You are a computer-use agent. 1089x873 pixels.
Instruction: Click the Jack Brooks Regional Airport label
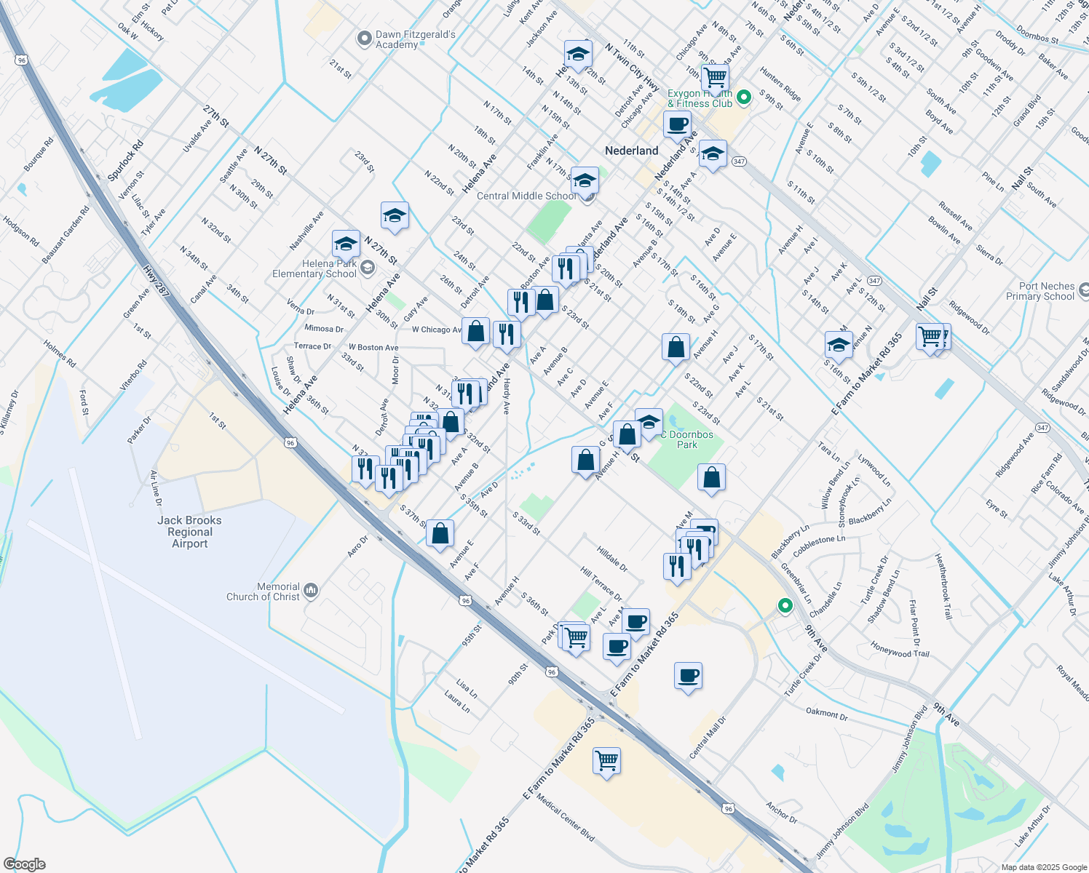pyautogui.click(x=189, y=532)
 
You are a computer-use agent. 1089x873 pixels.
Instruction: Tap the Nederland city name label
pyautogui.click(x=632, y=151)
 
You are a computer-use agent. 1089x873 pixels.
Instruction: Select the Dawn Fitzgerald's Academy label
pyautogui.click(x=416, y=39)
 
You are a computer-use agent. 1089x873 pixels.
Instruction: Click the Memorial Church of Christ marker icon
pyautogui.click(x=311, y=590)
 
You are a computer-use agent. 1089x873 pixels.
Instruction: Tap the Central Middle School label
pyautogui.click(x=526, y=196)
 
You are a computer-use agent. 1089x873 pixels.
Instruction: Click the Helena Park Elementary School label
pyautogui.click(x=314, y=269)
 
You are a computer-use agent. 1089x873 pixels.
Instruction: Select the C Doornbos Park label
pyautogui.click(x=686, y=439)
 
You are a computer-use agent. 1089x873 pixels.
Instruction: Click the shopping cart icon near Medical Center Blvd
pyautogui.click(x=606, y=761)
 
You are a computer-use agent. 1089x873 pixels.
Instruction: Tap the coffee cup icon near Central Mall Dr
pyautogui.click(x=688, y=677)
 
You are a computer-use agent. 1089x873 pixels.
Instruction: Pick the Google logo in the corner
pyautogui.click(x=25, y=864)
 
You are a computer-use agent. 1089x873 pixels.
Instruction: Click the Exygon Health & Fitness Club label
pyautogui.click(x=700, y=99)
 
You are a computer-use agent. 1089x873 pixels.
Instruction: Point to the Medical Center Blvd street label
pyautogui.click(x=566, y=818)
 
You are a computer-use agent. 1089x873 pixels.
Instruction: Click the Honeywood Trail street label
pyautogui.click(x=900, y=649)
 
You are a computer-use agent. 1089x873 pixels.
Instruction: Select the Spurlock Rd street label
pyautogui.click(x=126, y=161)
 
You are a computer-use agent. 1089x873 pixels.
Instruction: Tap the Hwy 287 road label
pyautogui.click(x=157, y=282)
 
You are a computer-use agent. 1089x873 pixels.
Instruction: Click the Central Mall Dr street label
pyautogui.click(x=708, y=736)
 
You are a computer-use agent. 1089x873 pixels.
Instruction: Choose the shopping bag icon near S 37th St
pyautogui.click(x=440, y=533)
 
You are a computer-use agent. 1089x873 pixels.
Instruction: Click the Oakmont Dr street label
pyautogui.click(x=826, y=713)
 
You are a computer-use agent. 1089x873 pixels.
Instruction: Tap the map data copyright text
pyautogui.click(x=1043, y=867)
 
